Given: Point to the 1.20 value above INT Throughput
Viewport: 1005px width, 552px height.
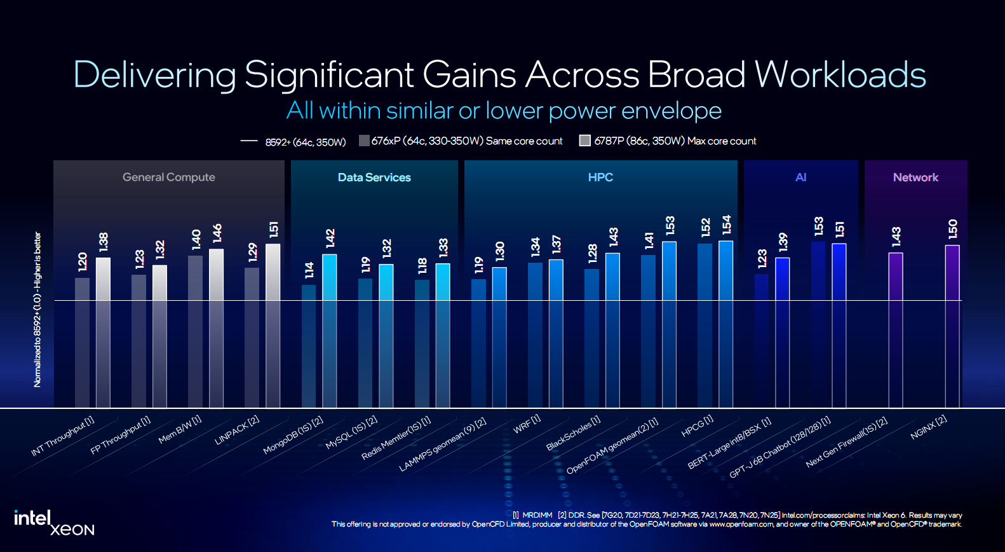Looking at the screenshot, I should tap(83, 261).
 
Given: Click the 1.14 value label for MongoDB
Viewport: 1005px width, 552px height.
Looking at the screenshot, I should tap(309, 270).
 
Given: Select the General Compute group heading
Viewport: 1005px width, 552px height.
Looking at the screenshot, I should tap(169, 177).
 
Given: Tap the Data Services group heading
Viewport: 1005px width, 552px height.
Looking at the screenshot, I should tap(374, 177).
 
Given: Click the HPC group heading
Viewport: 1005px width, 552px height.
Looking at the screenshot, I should tap(600, 177).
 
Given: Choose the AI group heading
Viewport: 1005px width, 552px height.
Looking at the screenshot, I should tap(800, 177).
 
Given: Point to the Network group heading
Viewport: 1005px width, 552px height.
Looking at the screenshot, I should tap(915, 177).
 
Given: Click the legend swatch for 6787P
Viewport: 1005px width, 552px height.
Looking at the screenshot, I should tap(585, 141).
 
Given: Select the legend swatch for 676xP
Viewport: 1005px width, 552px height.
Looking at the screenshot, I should tap(364, 141).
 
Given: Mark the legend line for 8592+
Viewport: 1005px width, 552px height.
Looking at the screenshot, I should tap(249, 141).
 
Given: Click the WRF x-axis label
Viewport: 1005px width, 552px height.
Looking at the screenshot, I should tap(527, 424).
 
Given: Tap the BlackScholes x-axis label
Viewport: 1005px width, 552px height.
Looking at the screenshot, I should tap(573, 433).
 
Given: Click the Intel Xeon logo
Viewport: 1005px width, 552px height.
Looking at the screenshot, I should tap(54, 523).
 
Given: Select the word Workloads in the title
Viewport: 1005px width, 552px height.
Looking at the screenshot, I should tap(840, 74).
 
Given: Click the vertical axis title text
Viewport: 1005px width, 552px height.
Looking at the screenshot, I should tap(37, 309).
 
